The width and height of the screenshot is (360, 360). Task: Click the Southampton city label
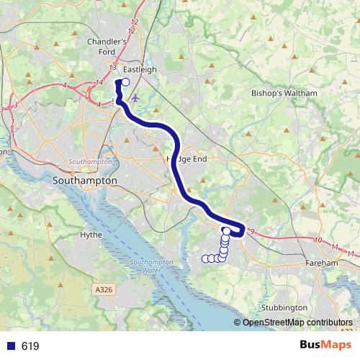pos(85,181)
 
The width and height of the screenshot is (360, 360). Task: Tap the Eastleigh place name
pos(140,70)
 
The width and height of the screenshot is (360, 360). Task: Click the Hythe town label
pos(91,235)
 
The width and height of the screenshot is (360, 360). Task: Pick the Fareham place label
pos(321,264)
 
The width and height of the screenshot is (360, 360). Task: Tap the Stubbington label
pos(285,307)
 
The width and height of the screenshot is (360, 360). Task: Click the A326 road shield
pos(104,289)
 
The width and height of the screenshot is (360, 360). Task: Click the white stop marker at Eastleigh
pos(126,82)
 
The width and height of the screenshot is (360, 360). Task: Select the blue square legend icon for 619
pos(10,346)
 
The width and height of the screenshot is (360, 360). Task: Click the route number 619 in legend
pos(30,346)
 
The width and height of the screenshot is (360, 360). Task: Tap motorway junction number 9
pos(253,230)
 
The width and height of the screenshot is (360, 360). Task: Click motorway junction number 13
pos(113,67)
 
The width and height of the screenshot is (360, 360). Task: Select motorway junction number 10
pos(318,240)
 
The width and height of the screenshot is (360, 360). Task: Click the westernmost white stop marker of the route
pos(205,258)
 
